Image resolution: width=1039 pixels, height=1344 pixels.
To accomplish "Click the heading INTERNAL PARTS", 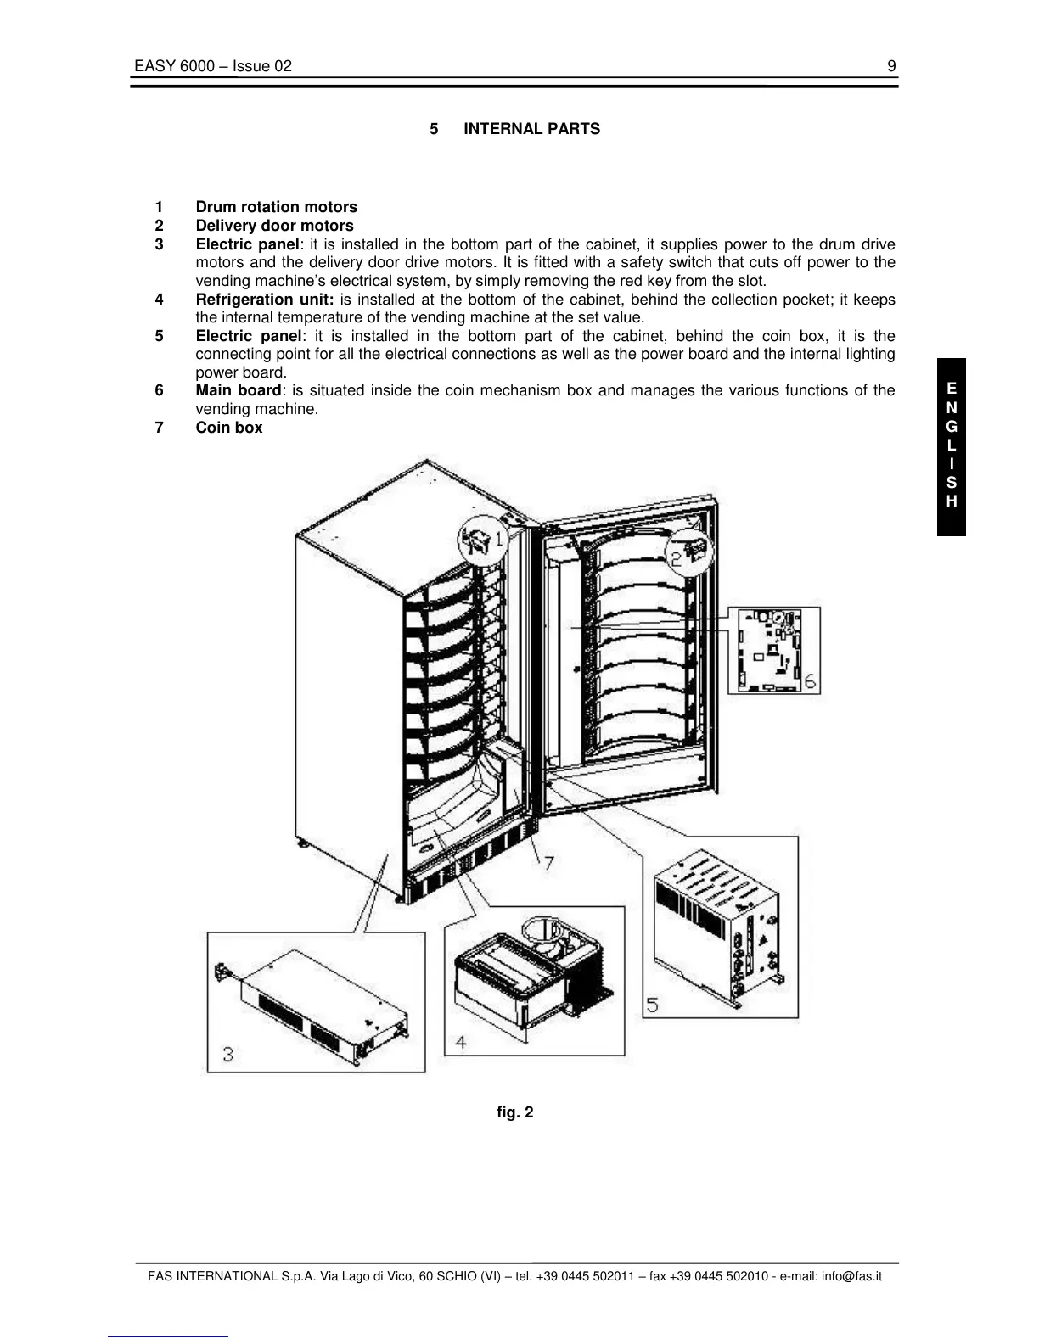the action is pyautogui.click(x=531, y=129).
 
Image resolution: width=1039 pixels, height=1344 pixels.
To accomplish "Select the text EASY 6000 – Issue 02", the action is pyautogui.click(x=212, y=66).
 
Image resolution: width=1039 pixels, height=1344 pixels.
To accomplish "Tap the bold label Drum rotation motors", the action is pyautogui.click(x=276, y=207).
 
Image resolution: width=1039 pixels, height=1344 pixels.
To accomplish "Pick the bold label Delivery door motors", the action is pyautogui.click(x=274, y=226).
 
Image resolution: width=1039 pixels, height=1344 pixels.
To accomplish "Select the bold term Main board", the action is pyautogui.click(x=238, y=390).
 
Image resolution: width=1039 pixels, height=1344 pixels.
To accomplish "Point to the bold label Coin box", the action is pyautogui.click(x=229, y=428).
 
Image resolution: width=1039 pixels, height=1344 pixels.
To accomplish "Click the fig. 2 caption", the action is pyautogui.click(x=515, y=1112).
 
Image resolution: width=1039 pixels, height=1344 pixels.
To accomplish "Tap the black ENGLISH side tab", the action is pyautogui.click(x=952, y=446).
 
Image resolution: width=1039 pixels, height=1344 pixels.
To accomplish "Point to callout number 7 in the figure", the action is pyautogui.click(x=549, y=864).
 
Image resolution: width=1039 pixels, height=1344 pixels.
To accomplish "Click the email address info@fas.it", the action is pyautogui.click(x=851, y=1276).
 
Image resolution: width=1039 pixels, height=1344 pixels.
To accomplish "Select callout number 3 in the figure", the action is pyautogui.click(x=228, y=1055).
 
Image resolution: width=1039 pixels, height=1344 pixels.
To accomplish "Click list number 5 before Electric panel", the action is pyautogui.click(x=159, y=336).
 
